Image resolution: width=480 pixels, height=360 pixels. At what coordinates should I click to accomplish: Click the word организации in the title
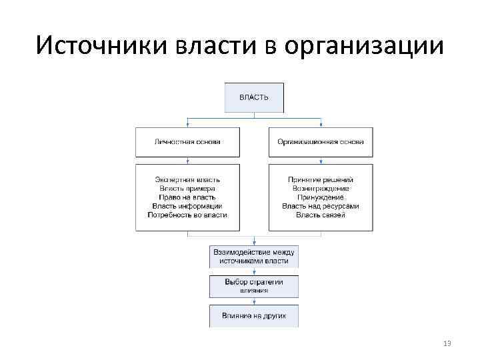363,47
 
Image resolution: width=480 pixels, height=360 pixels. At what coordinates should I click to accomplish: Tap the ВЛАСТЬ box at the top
254,97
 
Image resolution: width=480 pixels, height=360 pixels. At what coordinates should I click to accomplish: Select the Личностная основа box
187,142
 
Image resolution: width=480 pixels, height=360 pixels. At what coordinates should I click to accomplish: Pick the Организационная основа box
321,142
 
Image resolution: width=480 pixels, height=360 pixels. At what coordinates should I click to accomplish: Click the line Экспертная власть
187,180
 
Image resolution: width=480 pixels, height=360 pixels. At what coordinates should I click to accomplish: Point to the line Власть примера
187,189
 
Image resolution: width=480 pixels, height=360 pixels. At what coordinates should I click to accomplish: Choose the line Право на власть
187,197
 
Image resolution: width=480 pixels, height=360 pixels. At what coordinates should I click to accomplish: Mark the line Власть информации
187,206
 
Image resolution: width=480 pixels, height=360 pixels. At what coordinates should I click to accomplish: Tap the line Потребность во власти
187,215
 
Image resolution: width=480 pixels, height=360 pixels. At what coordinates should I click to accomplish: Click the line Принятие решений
321,180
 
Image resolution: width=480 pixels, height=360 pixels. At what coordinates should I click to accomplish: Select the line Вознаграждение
321,189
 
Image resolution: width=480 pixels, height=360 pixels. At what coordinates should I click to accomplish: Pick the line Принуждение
321,197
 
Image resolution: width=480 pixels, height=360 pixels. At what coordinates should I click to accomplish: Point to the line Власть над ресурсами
321,206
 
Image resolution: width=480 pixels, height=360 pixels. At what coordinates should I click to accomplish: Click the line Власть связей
321,215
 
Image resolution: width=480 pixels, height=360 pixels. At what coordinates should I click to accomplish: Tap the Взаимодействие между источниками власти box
254,257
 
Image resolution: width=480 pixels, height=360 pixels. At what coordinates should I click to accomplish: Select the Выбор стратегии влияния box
254,286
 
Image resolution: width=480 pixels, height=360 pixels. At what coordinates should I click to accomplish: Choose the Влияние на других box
254,315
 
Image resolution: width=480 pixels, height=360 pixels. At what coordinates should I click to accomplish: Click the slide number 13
447,343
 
